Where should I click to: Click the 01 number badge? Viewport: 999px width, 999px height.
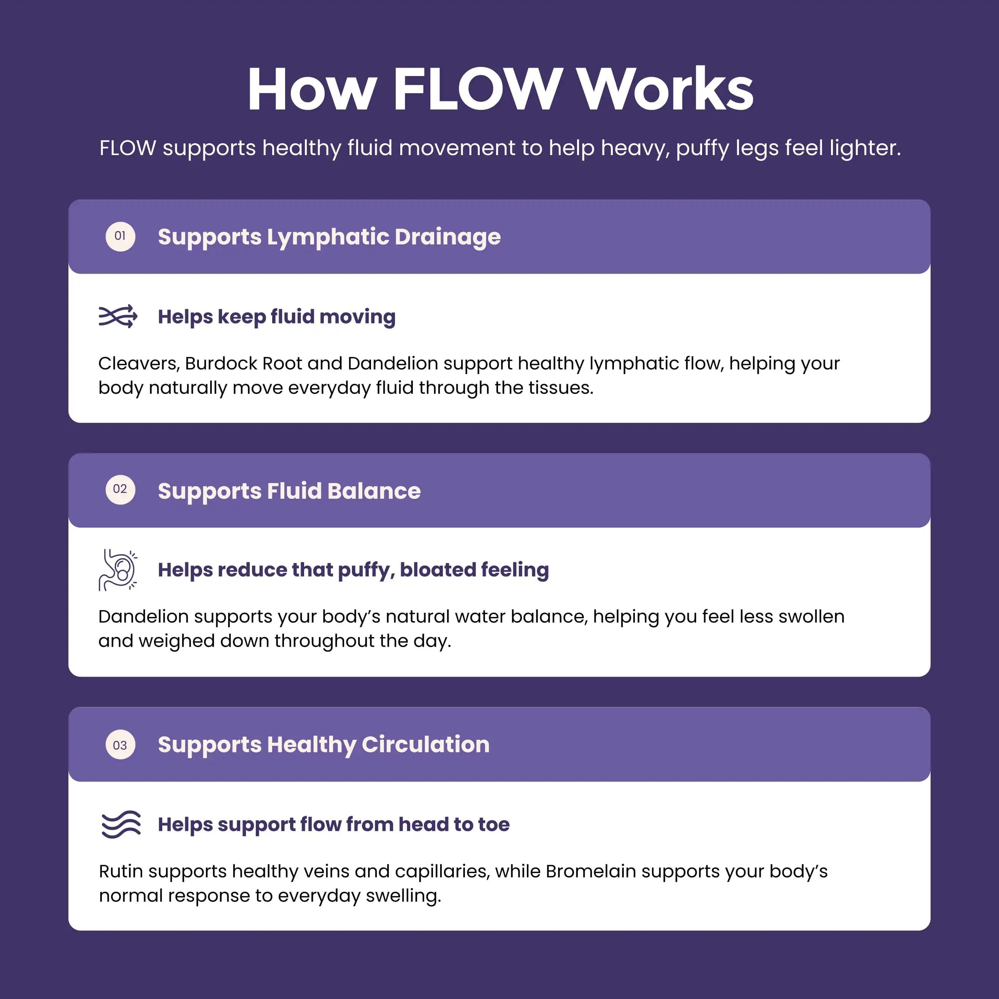(121, 236)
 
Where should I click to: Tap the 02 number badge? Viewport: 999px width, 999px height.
(121, 490)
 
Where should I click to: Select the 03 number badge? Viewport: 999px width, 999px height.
(121, 745)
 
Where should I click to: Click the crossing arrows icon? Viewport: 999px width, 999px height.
(118, 316)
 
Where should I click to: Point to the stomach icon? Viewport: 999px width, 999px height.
(118, 570)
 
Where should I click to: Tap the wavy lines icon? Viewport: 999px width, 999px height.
(121, 824)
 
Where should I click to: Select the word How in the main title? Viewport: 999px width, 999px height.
(312, 89)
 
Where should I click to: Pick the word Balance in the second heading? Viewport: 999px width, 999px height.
(374, 491)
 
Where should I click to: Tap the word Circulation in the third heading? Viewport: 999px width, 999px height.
(425, 745)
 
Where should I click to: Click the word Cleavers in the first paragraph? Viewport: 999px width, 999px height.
(139, 363)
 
